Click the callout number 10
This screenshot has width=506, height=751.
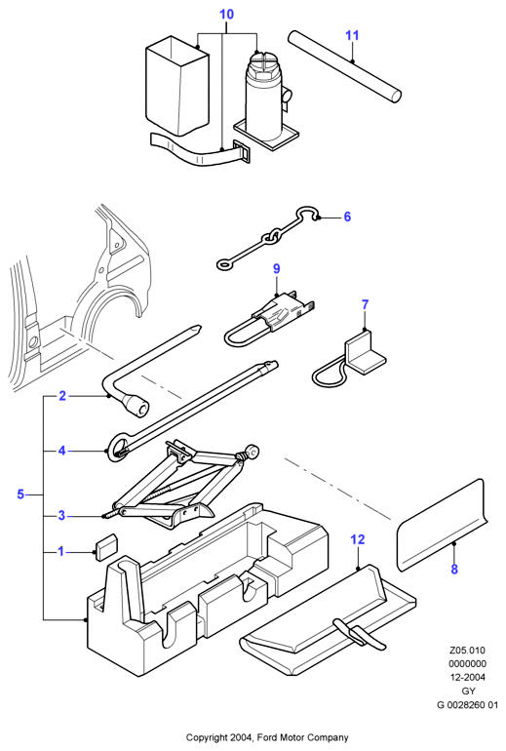226,15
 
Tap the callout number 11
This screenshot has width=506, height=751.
352,35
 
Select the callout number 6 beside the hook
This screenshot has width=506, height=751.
347,217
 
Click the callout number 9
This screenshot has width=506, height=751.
277,268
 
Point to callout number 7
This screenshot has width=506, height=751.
366,304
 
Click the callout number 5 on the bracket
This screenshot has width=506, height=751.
20,494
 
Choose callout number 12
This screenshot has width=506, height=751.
358,539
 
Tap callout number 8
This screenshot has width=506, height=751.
454,569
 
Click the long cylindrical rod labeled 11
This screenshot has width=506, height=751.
344,66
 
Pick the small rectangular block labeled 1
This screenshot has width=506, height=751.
106,546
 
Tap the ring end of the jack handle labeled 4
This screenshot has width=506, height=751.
118,447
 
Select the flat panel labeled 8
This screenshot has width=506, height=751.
442,525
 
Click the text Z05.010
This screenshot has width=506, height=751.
467,651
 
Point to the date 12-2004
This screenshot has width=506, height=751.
468,677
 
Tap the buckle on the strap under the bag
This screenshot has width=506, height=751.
243,152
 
